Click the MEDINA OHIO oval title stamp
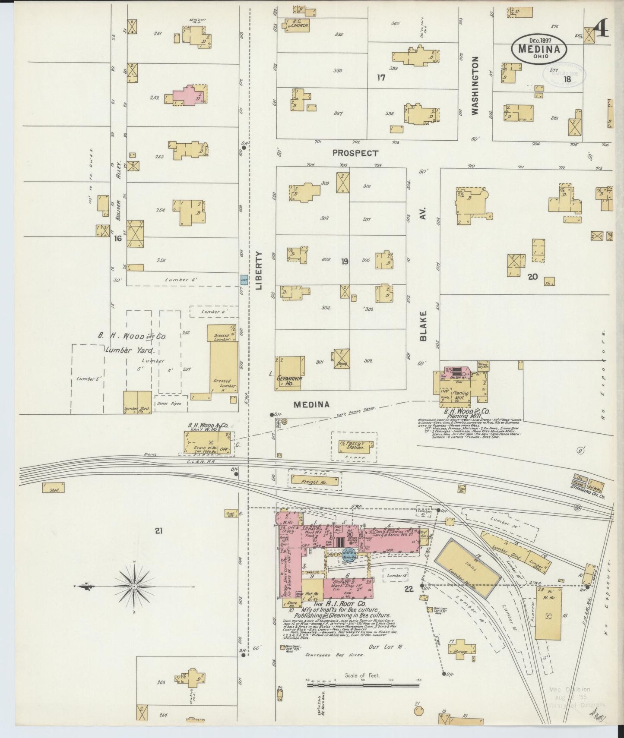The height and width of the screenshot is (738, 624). coord(539,49)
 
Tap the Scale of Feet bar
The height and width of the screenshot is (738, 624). coord(363,685)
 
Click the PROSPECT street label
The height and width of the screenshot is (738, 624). coord(355,153)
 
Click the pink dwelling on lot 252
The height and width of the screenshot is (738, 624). coord(188,95)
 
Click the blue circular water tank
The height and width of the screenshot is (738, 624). coord(348,553)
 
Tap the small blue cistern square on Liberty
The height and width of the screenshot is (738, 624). coord(244,280)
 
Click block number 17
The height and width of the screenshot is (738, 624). coord(380,78)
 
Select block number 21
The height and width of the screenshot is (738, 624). coord(158,531)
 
